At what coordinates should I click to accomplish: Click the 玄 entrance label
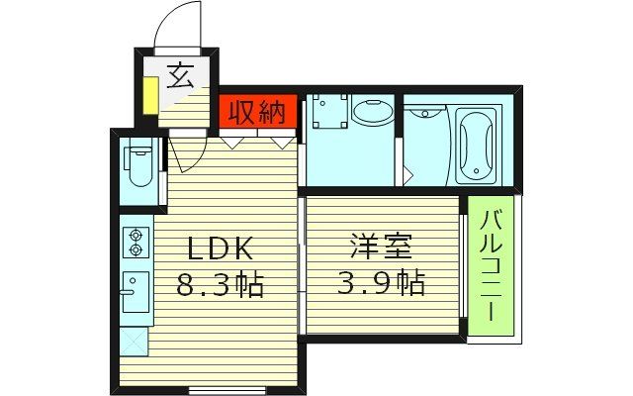click(179, 75)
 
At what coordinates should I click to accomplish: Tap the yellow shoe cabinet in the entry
click(148, 95)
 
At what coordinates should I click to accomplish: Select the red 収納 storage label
click(257, 112)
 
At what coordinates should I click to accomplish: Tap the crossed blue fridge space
click(133, 341)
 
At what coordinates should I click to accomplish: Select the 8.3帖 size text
click(220, 287)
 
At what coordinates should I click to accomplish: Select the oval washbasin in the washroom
click(372, 113)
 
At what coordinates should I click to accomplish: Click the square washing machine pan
click(327, 112)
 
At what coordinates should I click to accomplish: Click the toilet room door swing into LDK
click(186, 153)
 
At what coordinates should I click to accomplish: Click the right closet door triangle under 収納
click(280, 142)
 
